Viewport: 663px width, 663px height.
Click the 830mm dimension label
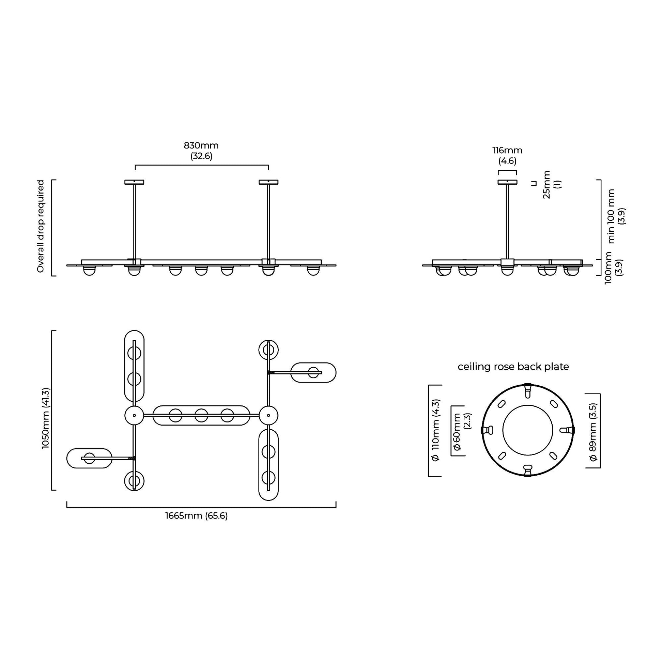pyautogui.click(x=201, y=145)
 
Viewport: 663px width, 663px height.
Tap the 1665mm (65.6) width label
pyautogui.click(x=197, y=516)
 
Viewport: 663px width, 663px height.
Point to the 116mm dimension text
pyautogui.click(x=508, y=150)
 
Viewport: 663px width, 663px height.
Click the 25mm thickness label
pyautogui.click(x=547, y=185)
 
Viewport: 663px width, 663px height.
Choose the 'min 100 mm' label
pyautogui.click(x=611, y=217)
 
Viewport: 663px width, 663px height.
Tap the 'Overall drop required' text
pyautogui.click(x=41, y=227)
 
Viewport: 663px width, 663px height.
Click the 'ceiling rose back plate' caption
pyautogui.click(x=513, y=367)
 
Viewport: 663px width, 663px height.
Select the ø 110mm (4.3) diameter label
pyautogui.click(x=435, y=430)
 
